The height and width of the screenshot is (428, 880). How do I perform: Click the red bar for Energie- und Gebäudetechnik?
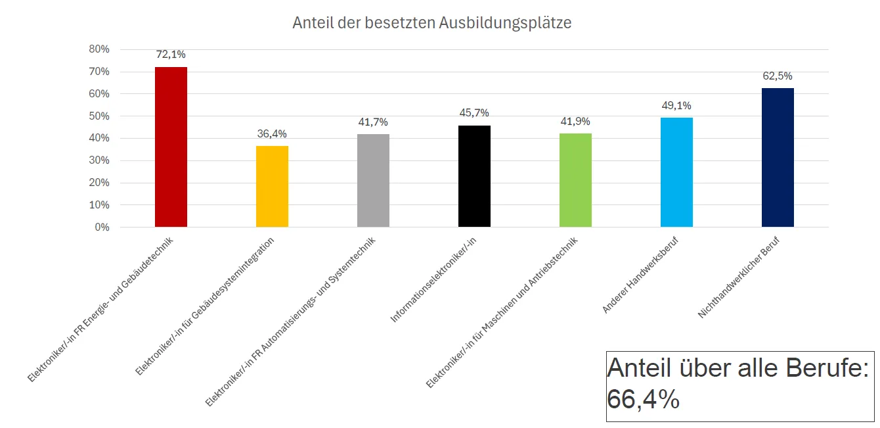tap(171, 147)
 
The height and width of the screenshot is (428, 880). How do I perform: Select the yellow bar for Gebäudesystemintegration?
tap(272, 186)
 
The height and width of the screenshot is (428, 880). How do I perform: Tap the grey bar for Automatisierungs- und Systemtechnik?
tap(373, 180)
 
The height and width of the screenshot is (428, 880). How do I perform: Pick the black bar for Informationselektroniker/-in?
tap(474, 176)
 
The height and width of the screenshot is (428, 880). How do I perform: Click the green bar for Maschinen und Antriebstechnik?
tap(575, 180)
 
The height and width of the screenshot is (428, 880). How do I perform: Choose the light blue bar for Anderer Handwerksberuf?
tap(676, 172)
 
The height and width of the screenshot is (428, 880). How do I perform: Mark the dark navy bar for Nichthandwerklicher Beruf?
tap(778, 157)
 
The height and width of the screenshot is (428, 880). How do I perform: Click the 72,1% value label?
tap(171, 55)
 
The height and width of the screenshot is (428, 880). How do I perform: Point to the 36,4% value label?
tap(272, 134)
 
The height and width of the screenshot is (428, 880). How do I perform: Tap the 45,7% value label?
tap(474, 113)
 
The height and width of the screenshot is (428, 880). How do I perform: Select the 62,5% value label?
tap(778, 76)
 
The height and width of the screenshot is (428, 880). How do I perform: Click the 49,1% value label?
tap(676, 106)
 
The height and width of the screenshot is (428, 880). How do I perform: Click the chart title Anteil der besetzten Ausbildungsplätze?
tap(431, 23)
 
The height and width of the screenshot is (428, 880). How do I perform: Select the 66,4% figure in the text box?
tap(643, 399)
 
